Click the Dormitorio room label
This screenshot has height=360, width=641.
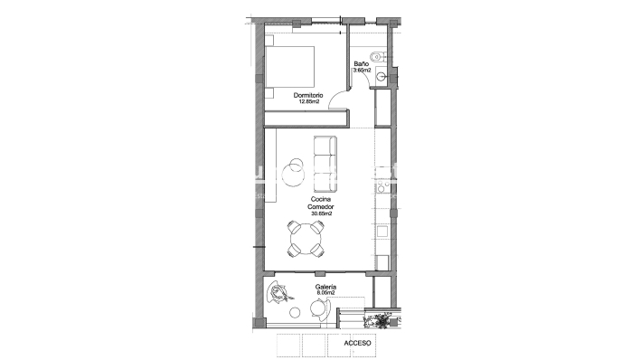pos(307,95)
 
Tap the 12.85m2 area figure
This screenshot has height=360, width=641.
pos(307,102)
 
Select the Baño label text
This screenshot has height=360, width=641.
pos(360,63)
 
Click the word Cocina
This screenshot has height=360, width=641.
pos(320,198)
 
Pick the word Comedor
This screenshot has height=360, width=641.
pos(320,206)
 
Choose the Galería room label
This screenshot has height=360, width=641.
pos(325,286)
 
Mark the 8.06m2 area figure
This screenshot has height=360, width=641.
pos(325,293)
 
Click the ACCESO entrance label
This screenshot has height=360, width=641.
pos(357,344)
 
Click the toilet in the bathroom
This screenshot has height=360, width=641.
pos(383,58)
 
